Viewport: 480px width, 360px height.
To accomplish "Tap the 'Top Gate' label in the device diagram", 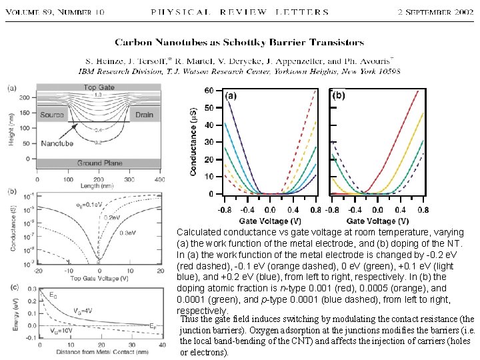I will point(99,88).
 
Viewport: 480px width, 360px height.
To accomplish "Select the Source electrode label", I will point(52,115).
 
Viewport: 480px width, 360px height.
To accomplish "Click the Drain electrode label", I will point(144,115).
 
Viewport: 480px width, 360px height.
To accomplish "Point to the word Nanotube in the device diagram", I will point(57,143).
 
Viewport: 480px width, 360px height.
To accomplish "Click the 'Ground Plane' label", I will point(99,163).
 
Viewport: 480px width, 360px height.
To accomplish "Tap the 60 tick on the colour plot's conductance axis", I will point(209,91).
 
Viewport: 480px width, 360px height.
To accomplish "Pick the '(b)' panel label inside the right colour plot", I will point(338,95).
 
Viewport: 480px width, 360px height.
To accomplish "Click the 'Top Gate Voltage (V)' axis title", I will point(99,277).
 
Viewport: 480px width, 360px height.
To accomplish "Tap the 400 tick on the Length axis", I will point(159,179).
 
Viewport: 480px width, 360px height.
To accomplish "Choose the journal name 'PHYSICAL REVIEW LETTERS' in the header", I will point(239,12).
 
